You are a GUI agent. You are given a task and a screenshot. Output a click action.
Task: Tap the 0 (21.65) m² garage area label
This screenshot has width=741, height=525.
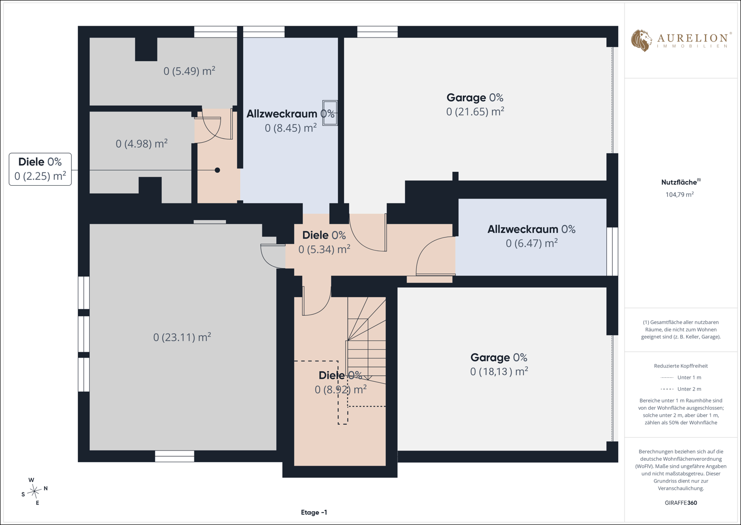[x=475, y=112]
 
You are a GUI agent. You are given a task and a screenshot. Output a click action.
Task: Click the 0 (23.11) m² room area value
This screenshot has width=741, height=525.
[x=182, y=337]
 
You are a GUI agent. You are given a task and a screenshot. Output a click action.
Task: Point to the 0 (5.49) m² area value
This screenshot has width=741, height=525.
[x=189, y=71]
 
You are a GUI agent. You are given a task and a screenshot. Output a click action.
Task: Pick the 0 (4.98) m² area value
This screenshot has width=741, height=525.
[x=142, y=143]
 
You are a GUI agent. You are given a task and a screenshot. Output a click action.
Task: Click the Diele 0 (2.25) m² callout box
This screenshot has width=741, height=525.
[x=40, y=169]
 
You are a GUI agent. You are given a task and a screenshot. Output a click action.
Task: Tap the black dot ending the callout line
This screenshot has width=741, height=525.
[x=218, y=170]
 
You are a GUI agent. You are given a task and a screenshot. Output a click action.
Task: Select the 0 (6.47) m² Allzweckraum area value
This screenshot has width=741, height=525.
[x=532, y=243]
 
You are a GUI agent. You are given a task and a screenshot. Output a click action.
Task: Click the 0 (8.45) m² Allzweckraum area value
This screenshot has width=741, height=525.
[x=291, y=128]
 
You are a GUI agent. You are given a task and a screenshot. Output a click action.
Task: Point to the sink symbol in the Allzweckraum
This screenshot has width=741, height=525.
[x=330, y=113]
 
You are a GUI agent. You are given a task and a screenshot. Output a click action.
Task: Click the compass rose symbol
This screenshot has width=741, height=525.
[x=34, y=491]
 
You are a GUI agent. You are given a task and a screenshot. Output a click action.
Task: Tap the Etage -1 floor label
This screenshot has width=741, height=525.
[x=314, y=513]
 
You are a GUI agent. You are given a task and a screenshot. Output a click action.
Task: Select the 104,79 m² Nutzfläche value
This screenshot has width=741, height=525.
[x=680, y=195]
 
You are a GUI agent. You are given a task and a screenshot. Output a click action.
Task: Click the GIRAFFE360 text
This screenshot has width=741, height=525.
[x=681, y=503]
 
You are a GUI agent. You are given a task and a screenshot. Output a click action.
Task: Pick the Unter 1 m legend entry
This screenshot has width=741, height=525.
[x=681, y=377]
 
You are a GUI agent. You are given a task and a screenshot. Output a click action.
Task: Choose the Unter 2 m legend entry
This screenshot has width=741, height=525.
[x=681, y=389]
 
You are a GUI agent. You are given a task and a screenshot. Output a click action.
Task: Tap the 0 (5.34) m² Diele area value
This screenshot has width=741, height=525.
[x=325, y=249]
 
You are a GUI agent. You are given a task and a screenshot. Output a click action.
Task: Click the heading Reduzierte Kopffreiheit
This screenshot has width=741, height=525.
[x=681, y=366]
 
